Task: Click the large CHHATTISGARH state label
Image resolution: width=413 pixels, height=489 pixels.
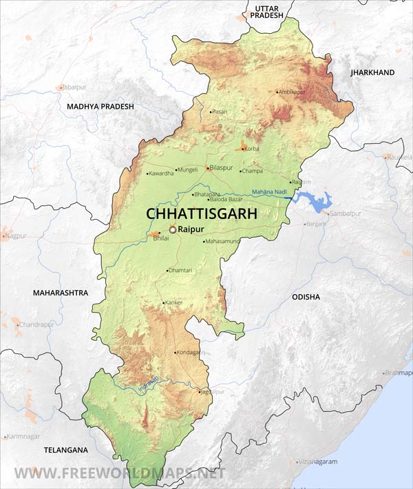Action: coord(201,214)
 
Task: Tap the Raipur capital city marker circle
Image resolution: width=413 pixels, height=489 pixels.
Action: coord(173,229)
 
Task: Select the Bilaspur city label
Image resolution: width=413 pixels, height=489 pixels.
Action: coord(225,168)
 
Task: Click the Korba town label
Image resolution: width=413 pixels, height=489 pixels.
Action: coord(253,149)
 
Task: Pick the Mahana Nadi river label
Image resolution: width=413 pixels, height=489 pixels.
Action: coord(269,191)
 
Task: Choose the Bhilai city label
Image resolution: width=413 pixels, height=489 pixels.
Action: coord(160,238)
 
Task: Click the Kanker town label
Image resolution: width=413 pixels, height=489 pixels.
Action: coord(174,302)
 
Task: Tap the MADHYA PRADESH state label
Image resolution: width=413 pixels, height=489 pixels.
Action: coord(100,107)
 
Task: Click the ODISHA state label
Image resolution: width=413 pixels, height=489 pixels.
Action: coord(306,297)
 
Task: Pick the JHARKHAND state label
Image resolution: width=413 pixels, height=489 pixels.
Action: coord(372,72)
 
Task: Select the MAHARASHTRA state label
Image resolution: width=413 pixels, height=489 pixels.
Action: coord(61,293)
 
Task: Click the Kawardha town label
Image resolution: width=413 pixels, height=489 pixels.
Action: coord(162,173)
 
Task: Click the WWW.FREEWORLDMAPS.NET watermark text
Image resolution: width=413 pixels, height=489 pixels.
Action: coord(120,474)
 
